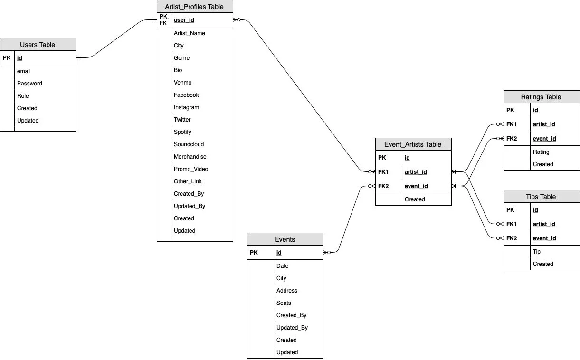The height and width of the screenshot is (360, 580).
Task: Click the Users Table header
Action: tap(38, 45)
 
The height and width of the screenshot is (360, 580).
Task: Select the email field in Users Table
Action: tap(24, 71)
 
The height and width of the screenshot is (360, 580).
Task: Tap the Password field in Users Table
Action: tap(29, 84)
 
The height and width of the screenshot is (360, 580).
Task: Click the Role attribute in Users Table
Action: tap(23, 96)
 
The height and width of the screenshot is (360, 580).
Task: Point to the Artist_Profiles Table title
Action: tap(195, 7)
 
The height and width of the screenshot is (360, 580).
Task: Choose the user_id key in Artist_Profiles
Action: tap(184, 20)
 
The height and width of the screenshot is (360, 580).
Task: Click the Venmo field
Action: tap(182, 83)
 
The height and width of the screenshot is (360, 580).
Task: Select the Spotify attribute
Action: tap(182, 132)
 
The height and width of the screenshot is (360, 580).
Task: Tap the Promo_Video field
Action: tap(191, 169)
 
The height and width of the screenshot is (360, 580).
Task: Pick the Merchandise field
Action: tap(190, 157)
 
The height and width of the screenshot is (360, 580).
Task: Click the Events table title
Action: tap(285, 239)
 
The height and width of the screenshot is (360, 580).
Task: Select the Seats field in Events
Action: tap(284, 303)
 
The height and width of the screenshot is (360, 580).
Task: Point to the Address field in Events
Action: tap(287, 291)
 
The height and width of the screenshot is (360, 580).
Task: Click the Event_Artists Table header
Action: tap(413, 144)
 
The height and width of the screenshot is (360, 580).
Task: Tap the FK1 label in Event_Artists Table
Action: tap(383, 172)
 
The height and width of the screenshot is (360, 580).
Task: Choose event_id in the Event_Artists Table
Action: tap(416, 186)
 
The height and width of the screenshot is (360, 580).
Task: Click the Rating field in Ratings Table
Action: tap(541, 152)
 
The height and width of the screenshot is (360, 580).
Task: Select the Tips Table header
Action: tap(542, 197)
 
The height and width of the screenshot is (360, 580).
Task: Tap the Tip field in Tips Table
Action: tap(537, 252)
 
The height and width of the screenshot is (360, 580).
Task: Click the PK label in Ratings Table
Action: tap(510, 110)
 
